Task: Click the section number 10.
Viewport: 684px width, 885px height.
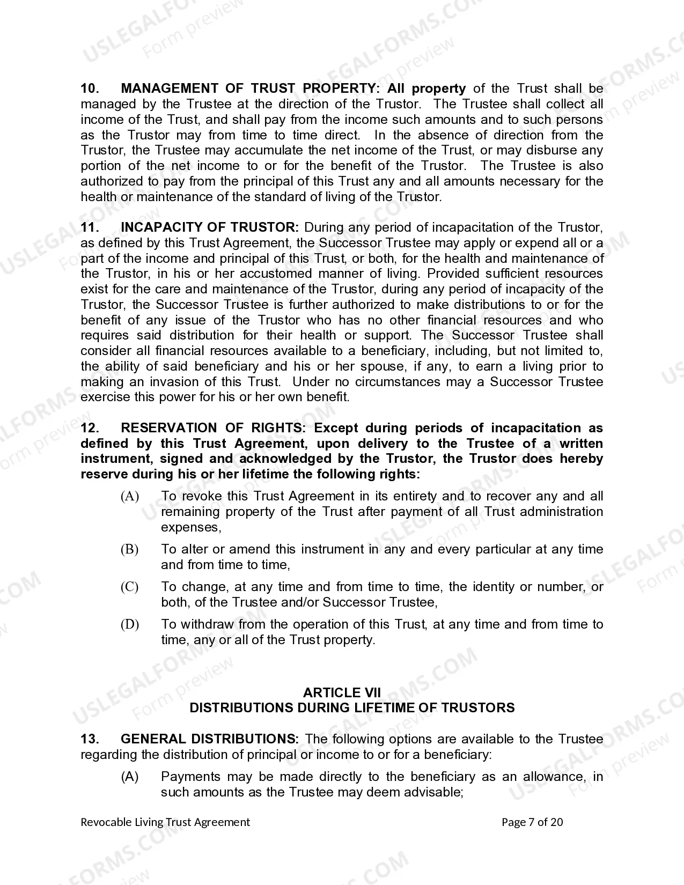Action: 90,88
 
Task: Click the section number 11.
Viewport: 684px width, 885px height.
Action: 90,227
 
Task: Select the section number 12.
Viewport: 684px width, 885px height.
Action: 90,428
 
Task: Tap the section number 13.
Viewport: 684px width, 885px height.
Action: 90,739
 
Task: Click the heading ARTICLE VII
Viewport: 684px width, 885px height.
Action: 342,692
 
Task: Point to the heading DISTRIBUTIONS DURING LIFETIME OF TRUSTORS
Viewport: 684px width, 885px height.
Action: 352,708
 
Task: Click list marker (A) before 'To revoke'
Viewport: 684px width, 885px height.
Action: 130,496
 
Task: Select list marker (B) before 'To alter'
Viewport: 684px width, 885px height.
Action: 130,549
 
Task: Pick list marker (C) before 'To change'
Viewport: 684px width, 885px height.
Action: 130,587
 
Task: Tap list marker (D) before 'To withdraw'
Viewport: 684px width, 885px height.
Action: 130,624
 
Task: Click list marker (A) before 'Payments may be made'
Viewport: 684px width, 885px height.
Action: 130,777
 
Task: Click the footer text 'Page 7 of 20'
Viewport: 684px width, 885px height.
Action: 532,822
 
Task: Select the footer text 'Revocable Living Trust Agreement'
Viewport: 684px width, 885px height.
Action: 165,822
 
